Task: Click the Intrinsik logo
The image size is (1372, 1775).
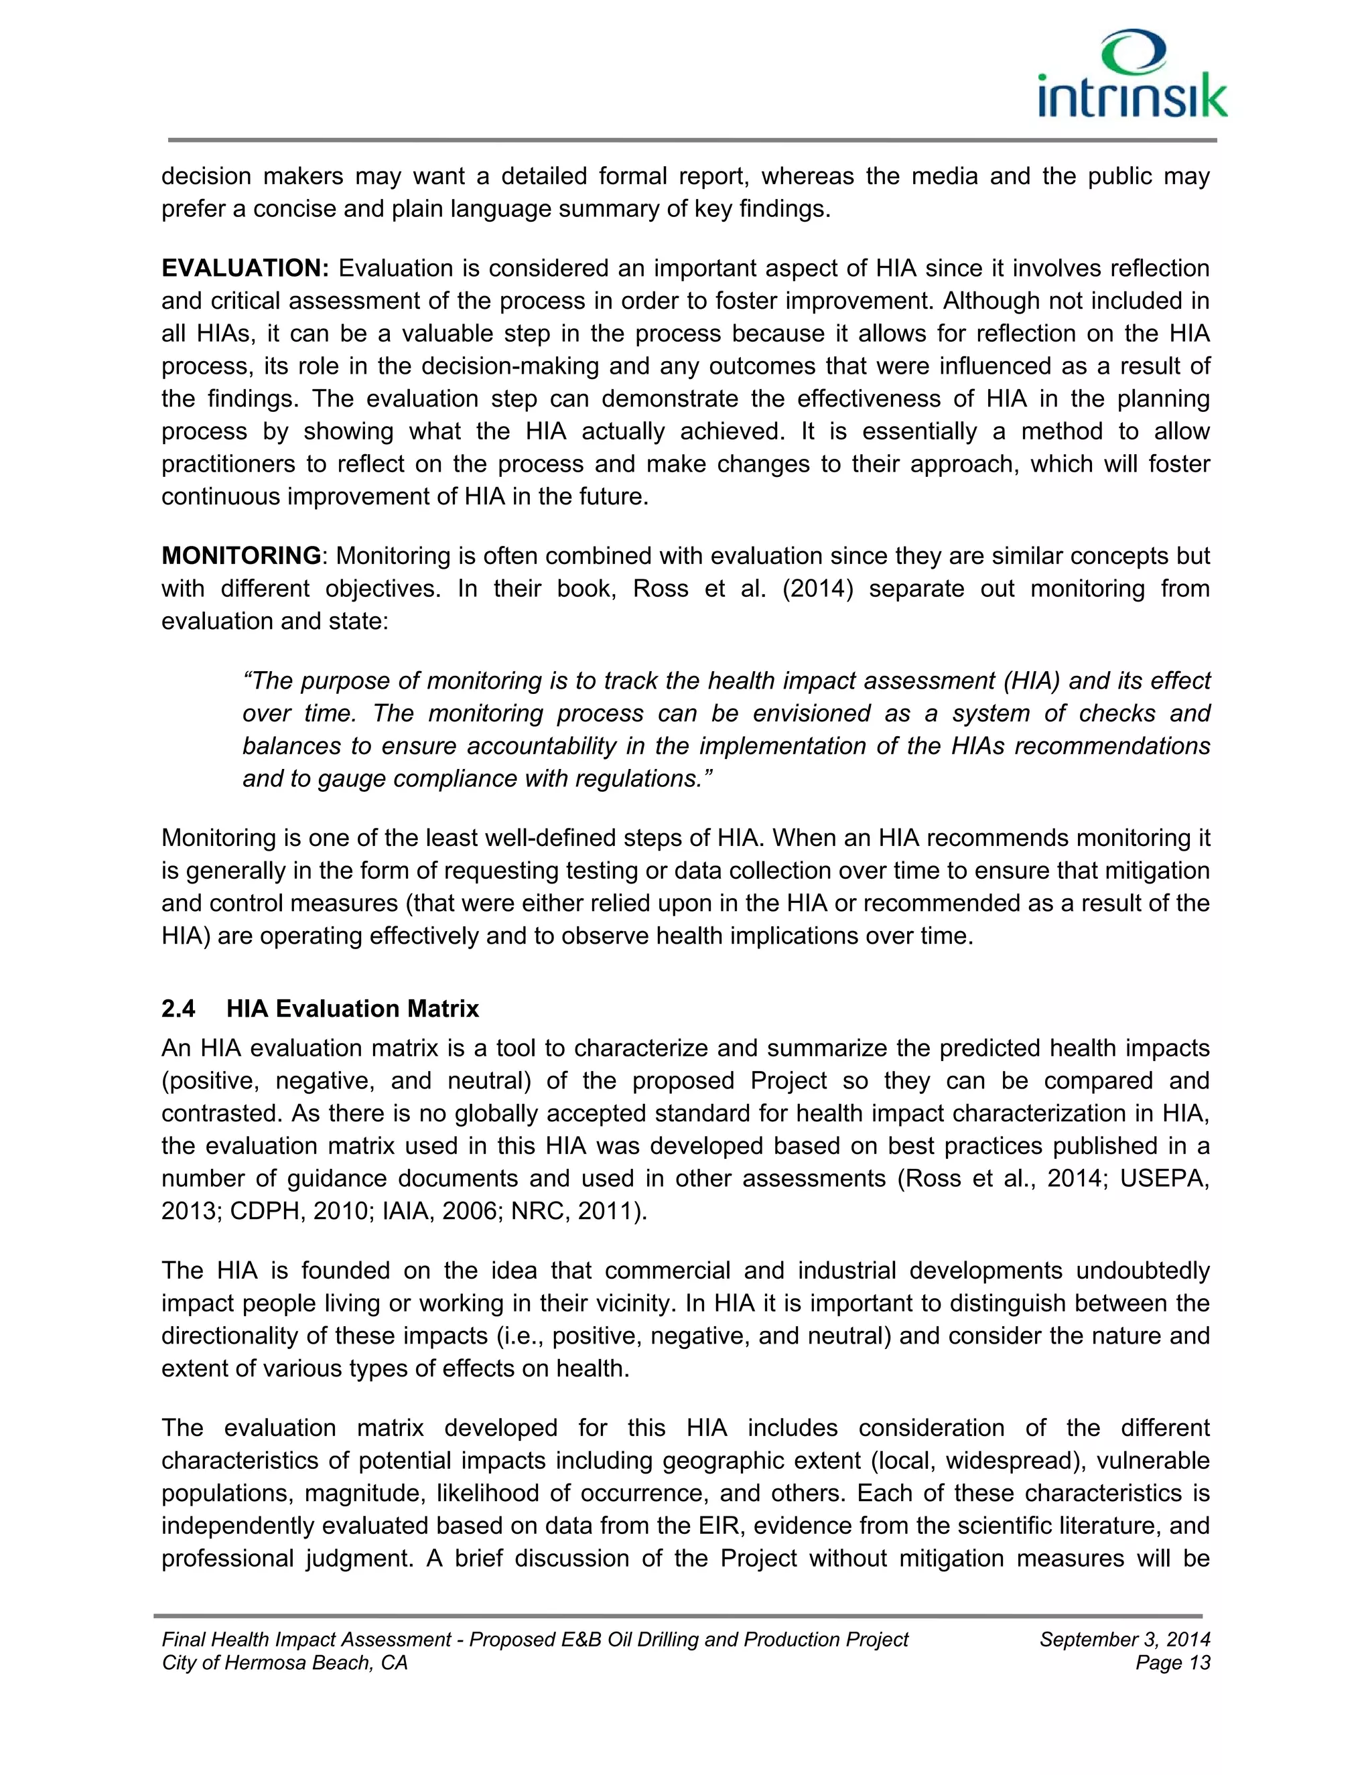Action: pos(1132,75)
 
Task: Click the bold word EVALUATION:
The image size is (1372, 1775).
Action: pos(245,268)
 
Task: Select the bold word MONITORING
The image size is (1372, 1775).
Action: pos(241,556)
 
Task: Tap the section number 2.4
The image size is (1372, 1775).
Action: pos(179,1009)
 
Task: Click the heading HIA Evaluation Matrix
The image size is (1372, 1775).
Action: pos(353,1009)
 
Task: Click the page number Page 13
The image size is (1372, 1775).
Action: pos(1172,1663)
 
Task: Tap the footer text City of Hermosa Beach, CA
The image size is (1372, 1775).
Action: pos(285,1663)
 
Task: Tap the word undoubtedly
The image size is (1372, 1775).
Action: pos(1143,1270)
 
